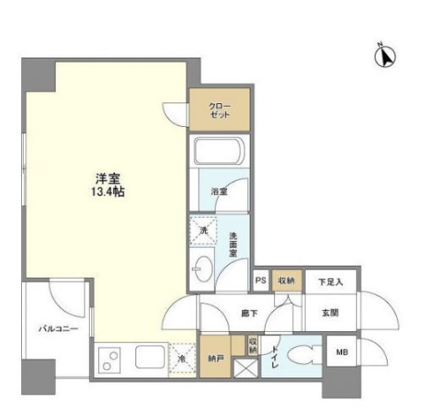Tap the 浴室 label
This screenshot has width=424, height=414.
pos(219,192)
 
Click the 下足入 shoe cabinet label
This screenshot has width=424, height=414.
pos(331,281)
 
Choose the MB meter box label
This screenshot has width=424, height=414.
pos(342,352)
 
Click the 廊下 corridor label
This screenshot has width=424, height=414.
pos(245,312)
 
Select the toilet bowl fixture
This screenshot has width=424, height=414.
pos(295,357)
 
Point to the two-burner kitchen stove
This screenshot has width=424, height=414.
pos(112,360)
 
